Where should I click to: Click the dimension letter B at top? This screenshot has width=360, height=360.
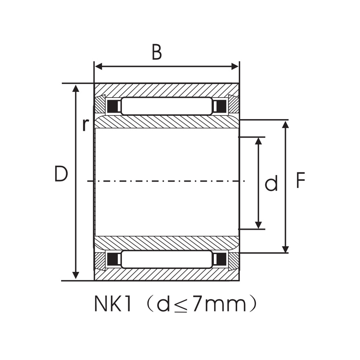coord(157,53)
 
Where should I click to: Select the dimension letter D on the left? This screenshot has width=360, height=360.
coord(61,174)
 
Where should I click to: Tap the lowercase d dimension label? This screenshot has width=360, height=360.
coord(271,184)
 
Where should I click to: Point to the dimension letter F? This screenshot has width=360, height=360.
coord(300,181)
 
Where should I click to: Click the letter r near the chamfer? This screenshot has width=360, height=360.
coord(85,124)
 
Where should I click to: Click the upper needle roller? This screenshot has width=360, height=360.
coord(167,106)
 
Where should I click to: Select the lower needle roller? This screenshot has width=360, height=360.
coord(167,259)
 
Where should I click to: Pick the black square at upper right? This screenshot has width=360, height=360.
coord(221,106)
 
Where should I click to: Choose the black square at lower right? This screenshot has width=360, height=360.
coord(221,259)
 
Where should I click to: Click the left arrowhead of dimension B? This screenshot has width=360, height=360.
coord(98,67)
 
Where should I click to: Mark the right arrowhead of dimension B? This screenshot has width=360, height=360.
coord(235,67)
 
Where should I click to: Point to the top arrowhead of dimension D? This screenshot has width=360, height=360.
coord(76,88)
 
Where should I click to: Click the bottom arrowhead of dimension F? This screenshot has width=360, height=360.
coord(285,249)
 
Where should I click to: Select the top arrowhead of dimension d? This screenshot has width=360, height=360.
coord(258,141)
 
